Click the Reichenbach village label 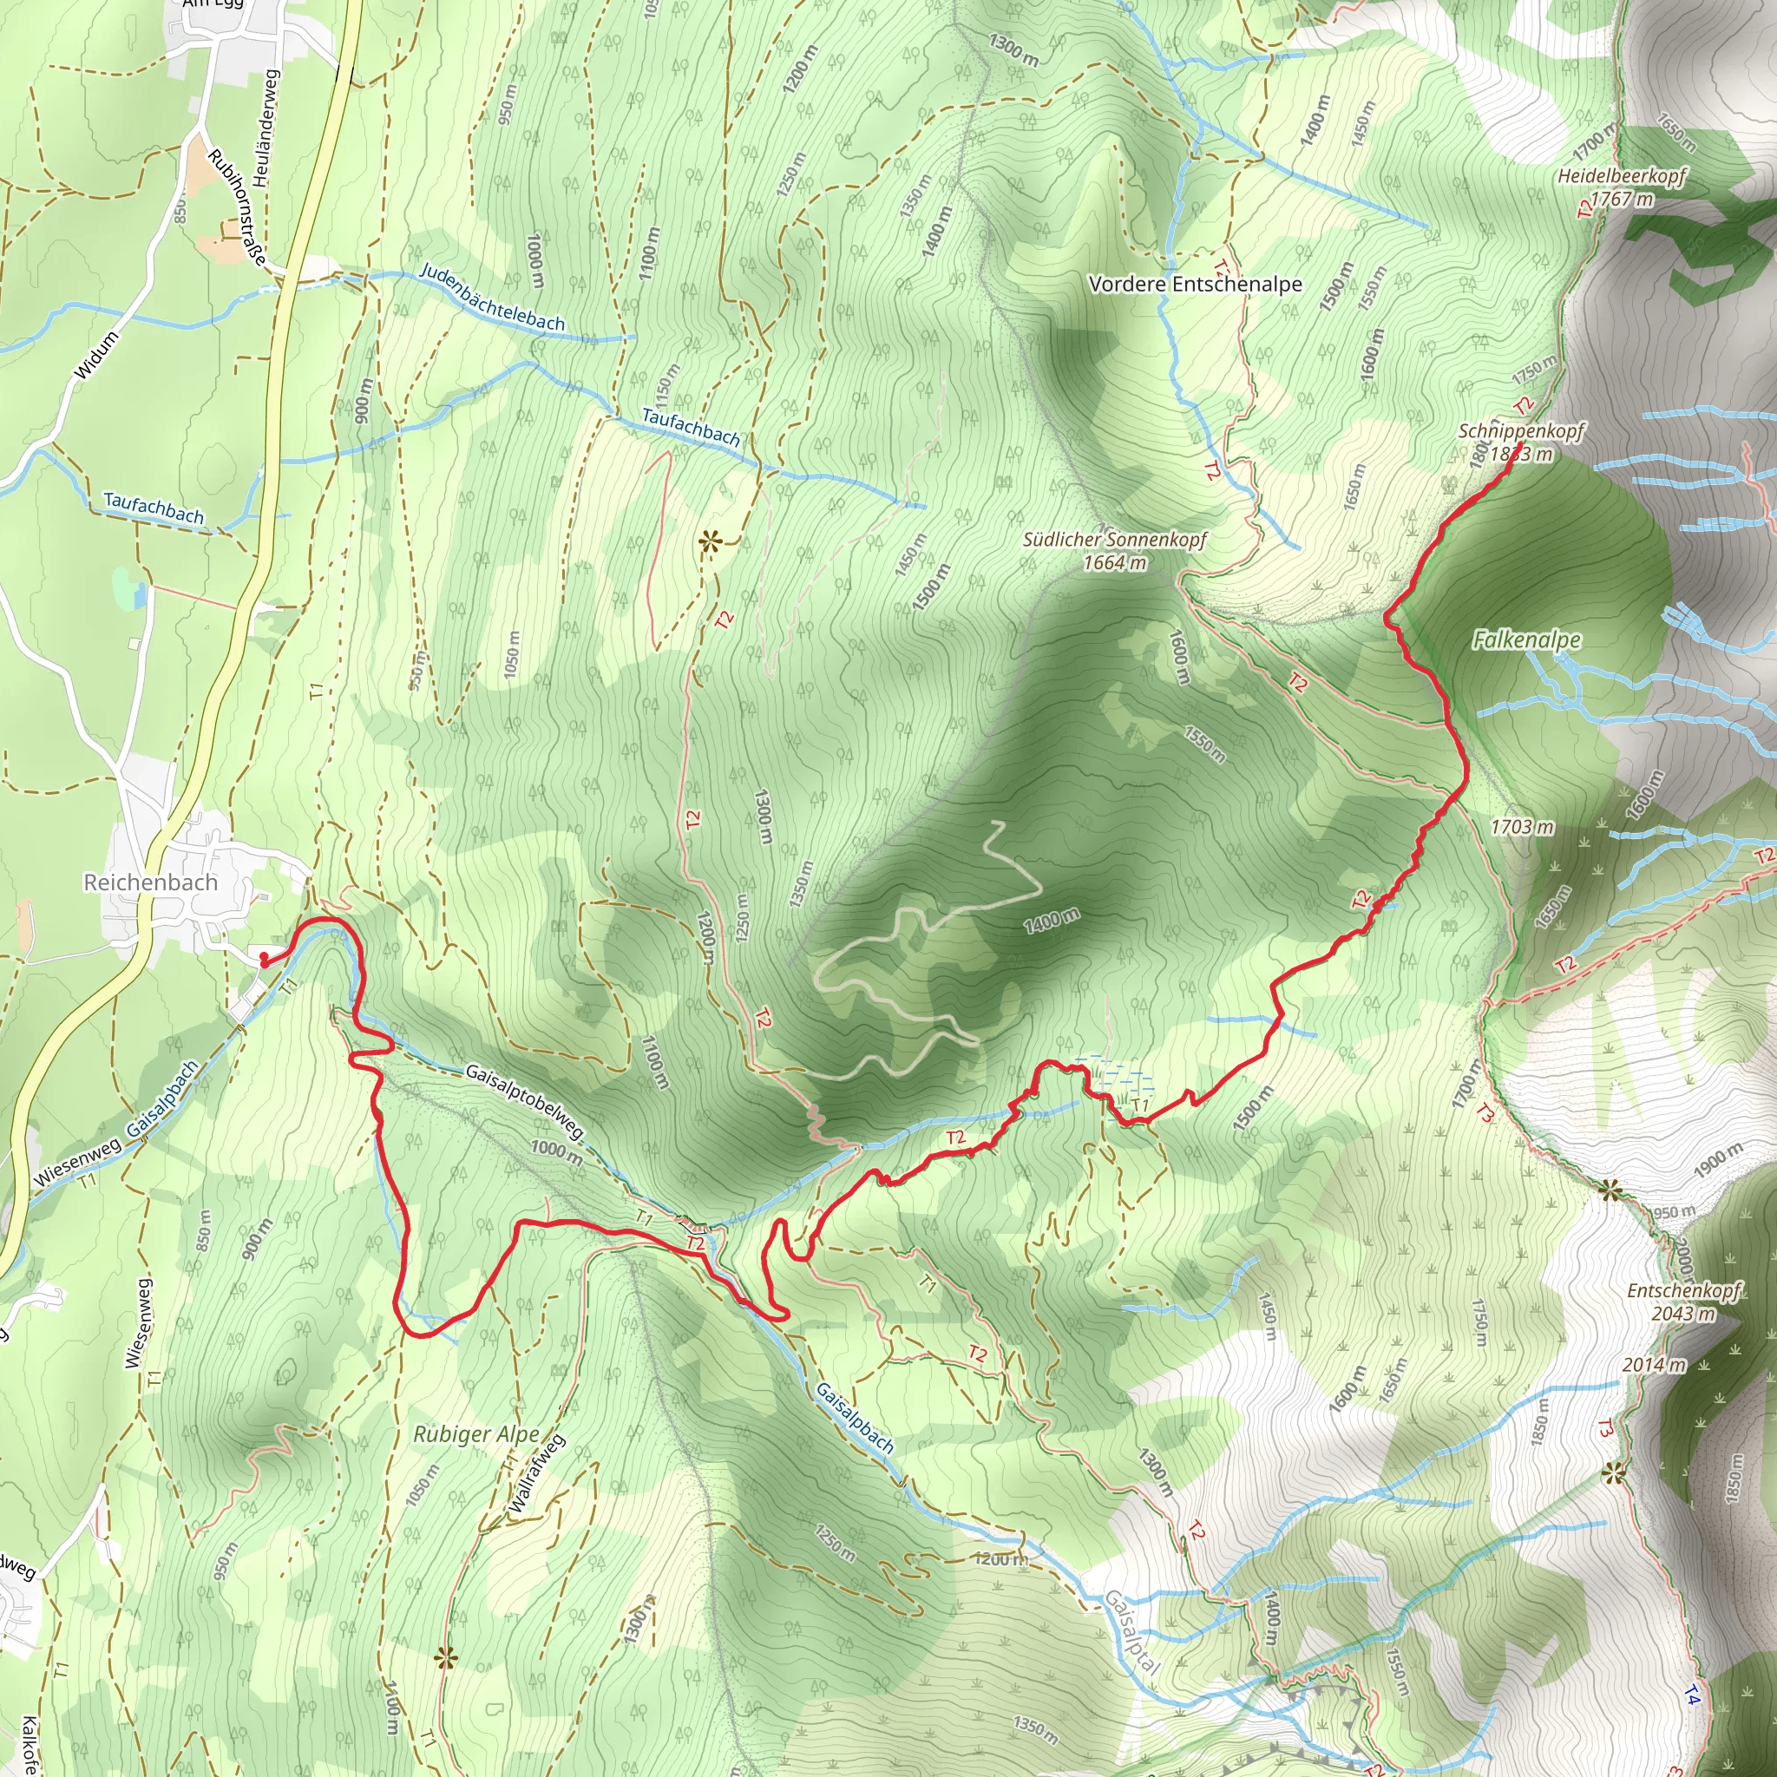pos(151,882)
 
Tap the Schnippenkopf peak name pos(1521,431)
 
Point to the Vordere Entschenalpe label pos(1195,285)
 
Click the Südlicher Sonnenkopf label pos(1114,540)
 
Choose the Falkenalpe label pos(1527,639)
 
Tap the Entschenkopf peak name pos(1683,1290)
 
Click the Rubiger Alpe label pos(475,1434)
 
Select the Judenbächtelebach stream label pos(492,297)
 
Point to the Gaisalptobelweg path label pos(524,1101)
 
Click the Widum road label pos(96,355)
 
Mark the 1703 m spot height pos(1522,827)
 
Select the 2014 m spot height pos(1654,1365)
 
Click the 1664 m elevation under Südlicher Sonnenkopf pos(1115,562)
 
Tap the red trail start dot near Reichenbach pos(264,959)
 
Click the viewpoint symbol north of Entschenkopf pos(1609,1192)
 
